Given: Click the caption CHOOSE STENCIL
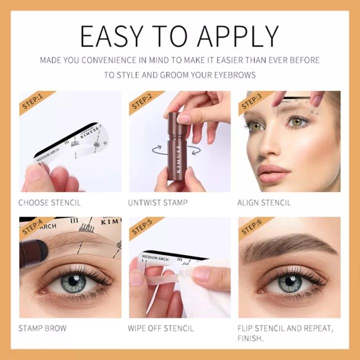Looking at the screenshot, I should (49, 203).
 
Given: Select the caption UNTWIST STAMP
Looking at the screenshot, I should (158, 203).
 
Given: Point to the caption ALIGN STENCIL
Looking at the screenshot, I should (264, 203).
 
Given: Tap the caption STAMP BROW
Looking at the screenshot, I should (42, 328).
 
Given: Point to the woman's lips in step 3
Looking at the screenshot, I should (274, 173).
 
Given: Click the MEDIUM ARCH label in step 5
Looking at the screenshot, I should (155, 258).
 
